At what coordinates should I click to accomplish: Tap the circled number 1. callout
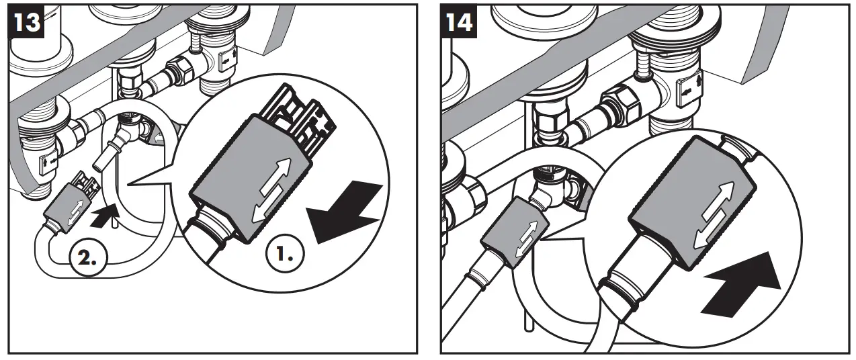285,254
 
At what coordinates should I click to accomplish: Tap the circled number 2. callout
89,259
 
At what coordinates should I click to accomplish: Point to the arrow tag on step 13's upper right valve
226,60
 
